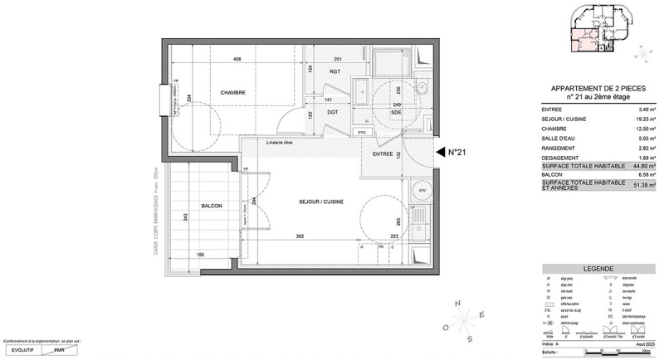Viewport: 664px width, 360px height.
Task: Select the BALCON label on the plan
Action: coord(211,206)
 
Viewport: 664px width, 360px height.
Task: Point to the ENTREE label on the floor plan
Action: coord(382,154)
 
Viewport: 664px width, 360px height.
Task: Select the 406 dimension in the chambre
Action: coord(237,60)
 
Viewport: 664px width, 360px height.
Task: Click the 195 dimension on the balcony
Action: coord(199,255)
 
